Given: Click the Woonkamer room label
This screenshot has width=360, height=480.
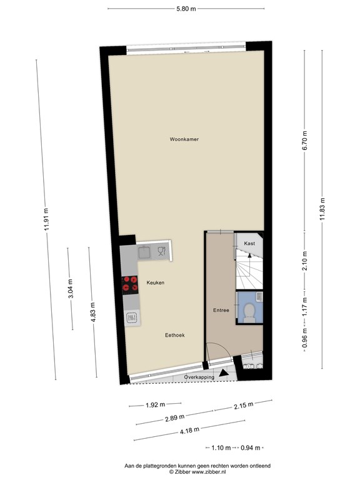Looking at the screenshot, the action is (x=184, y=139).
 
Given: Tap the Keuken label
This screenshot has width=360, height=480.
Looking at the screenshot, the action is (x=156, y=282).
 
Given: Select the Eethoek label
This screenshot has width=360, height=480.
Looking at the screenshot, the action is (x=175, y=335).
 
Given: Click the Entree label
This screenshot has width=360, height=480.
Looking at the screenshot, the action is (x=221, y=310).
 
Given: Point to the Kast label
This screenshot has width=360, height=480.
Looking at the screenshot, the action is (x=249, y=243).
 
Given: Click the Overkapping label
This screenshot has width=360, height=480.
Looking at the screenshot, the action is (x=199, y=377).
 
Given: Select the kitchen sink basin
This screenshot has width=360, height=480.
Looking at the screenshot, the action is (x=144, y=252).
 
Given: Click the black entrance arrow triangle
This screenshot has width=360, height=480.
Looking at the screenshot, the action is (x=224, y=373).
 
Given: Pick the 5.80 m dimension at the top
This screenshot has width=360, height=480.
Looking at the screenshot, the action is (x=186, y=9).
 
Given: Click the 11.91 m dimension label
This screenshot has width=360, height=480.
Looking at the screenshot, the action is (x=46, y=219).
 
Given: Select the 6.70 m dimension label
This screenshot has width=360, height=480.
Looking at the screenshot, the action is (x=304, y=140).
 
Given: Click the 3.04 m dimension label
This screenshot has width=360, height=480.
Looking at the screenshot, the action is (x=71, y=288).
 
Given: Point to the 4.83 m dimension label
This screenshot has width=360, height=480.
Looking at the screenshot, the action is (x=92, y=312).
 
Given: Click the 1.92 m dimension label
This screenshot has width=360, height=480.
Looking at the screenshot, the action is (x=155, y=405).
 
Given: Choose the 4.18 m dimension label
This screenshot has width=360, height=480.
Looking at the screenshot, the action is (x=189, y=431).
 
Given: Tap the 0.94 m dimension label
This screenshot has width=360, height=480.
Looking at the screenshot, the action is (x=251, y=448).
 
